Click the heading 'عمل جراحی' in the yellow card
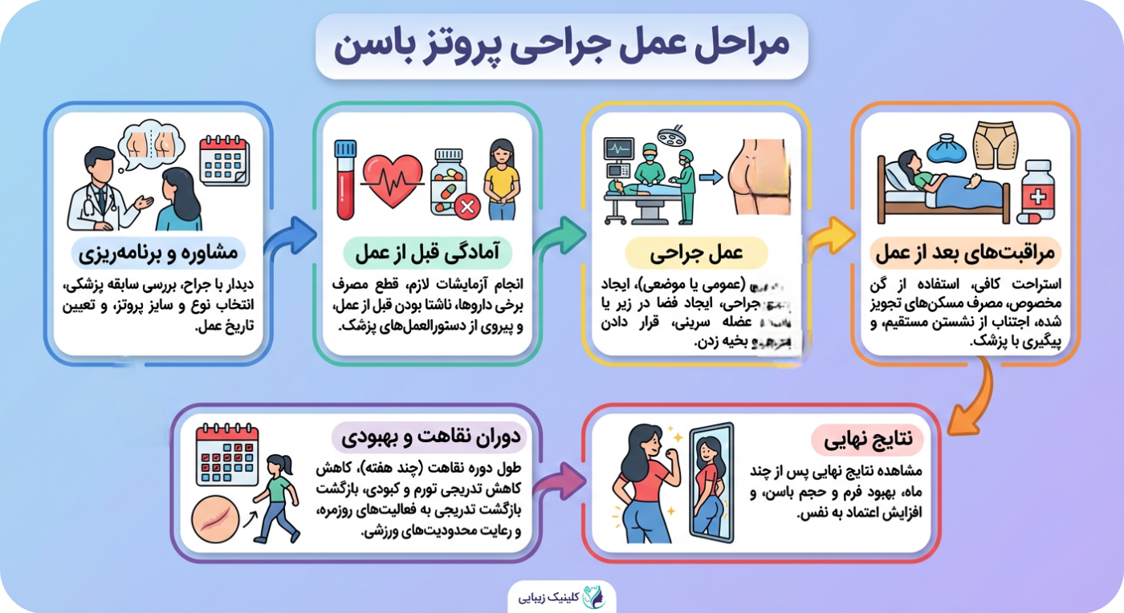pos(695,253)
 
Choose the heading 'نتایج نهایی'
pos(867,440)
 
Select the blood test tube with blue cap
pos(345,179)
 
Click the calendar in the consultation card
pos(224,160)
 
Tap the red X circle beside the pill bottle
pos(466,207)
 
